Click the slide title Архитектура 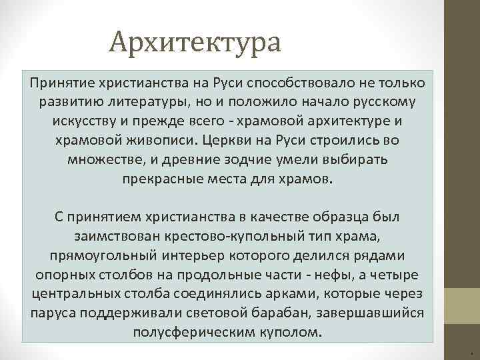[197, 42]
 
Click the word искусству [83, 122]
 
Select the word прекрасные [164, 180]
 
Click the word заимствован [112, 237]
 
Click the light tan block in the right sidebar [462, 306]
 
